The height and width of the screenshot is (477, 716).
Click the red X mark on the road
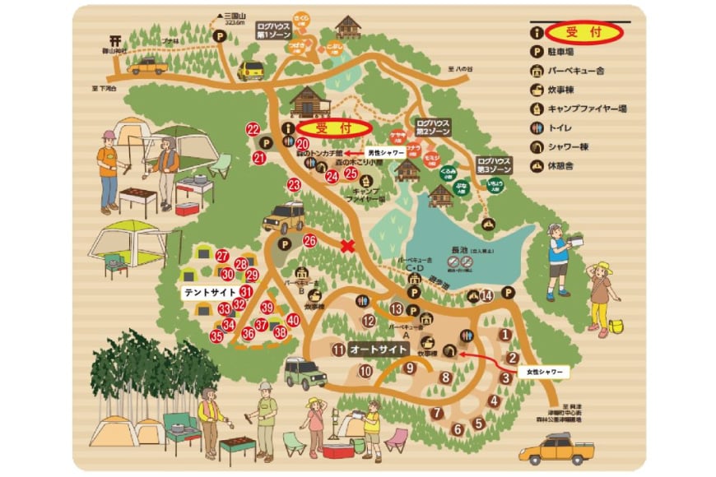347,244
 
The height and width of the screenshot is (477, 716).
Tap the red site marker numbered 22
253,129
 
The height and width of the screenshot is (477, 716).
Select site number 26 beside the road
310,241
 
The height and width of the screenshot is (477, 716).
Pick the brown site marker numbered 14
486,295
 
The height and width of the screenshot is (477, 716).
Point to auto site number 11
338,350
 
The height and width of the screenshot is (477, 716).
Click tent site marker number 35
216,336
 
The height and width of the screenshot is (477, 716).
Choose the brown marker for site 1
505,335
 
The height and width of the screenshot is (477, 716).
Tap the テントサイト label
211,292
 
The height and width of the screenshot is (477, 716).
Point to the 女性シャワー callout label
544,372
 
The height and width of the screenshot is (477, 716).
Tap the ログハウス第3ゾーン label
493,163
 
